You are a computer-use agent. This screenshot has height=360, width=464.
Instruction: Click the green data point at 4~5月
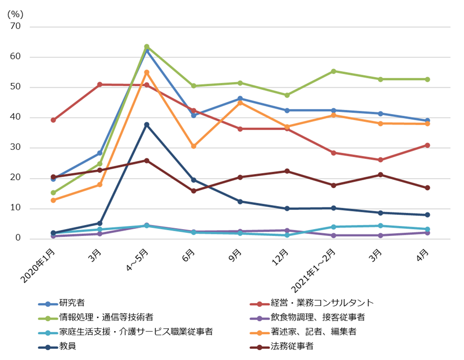point(147,47)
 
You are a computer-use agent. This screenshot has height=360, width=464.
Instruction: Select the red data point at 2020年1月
point(53,120)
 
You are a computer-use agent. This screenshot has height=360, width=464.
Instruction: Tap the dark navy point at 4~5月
point(147,125)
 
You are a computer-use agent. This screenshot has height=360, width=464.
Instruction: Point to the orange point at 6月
point(194,146)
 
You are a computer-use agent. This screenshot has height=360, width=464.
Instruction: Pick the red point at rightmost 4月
point(428,145)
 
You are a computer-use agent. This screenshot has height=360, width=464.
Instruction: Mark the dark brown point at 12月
point(287,171)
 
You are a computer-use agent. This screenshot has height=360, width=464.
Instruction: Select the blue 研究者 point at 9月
point(240,99)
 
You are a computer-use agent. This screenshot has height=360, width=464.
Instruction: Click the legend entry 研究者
point(72,303)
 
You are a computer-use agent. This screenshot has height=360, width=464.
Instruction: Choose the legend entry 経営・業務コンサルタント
point(322,303)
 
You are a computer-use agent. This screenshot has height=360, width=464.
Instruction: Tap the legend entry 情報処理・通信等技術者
point(106,317)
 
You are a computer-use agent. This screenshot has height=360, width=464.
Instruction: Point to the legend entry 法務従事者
point(292,346)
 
